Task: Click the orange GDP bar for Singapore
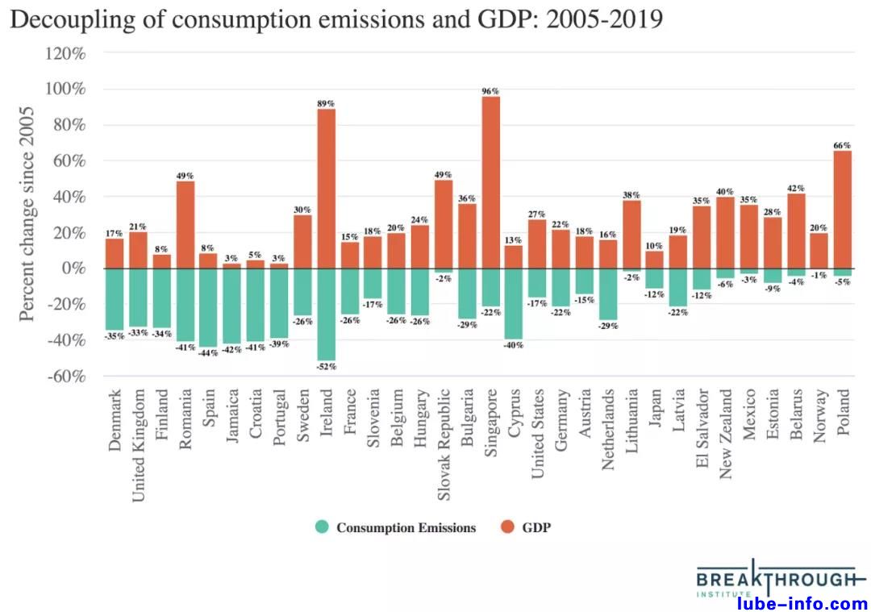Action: coord(490,182)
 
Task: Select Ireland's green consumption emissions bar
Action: coord(326,314)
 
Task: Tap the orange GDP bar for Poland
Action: coord(842,210)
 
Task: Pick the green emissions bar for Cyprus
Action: coord(514,304)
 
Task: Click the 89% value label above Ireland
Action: coord(326,103)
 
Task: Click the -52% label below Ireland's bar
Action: coord(326,367)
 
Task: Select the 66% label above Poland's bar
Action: coord(842,145)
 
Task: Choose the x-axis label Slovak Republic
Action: coord(444,438)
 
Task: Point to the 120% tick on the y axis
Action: coord(65,53)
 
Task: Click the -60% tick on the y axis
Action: coord(65,377)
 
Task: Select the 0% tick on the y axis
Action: coord(73,269)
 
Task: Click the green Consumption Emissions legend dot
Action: coord(323,527)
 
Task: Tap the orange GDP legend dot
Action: coord(507,527)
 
